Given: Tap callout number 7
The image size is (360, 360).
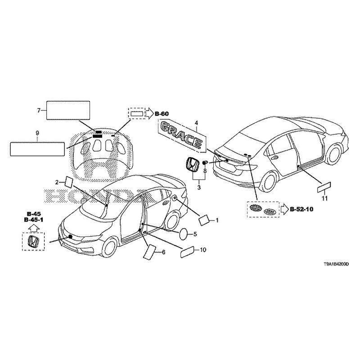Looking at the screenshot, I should point(39,110).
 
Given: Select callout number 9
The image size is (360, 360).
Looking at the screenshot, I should point(37,133).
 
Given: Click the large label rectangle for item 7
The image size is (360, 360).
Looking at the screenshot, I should point(68,110).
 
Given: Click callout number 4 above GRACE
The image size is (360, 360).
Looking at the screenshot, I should point(196,122).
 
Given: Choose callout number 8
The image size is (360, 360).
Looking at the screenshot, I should point(205,171).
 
